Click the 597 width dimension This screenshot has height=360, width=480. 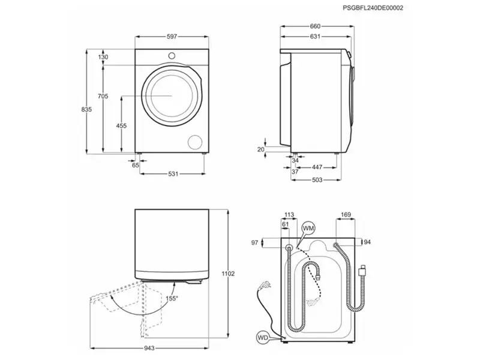click(x=172, y=37)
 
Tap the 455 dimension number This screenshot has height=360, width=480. click(x=121, y=125)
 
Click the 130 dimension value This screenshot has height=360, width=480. click(x=103, y=58)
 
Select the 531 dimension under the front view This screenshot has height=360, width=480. click(x=173, y=174)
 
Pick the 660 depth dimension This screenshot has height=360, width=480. click(x=315, y=26)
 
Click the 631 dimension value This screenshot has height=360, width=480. click(x=315, y=36)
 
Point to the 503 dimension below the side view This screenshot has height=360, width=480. click(x=317, y=179)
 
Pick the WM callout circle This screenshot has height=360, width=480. click(x=308, y=229)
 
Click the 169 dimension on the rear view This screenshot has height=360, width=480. click(x=346, y=214)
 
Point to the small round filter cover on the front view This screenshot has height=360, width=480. click(x=195, y=142)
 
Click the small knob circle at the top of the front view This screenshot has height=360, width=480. click(x=173, y=55)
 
